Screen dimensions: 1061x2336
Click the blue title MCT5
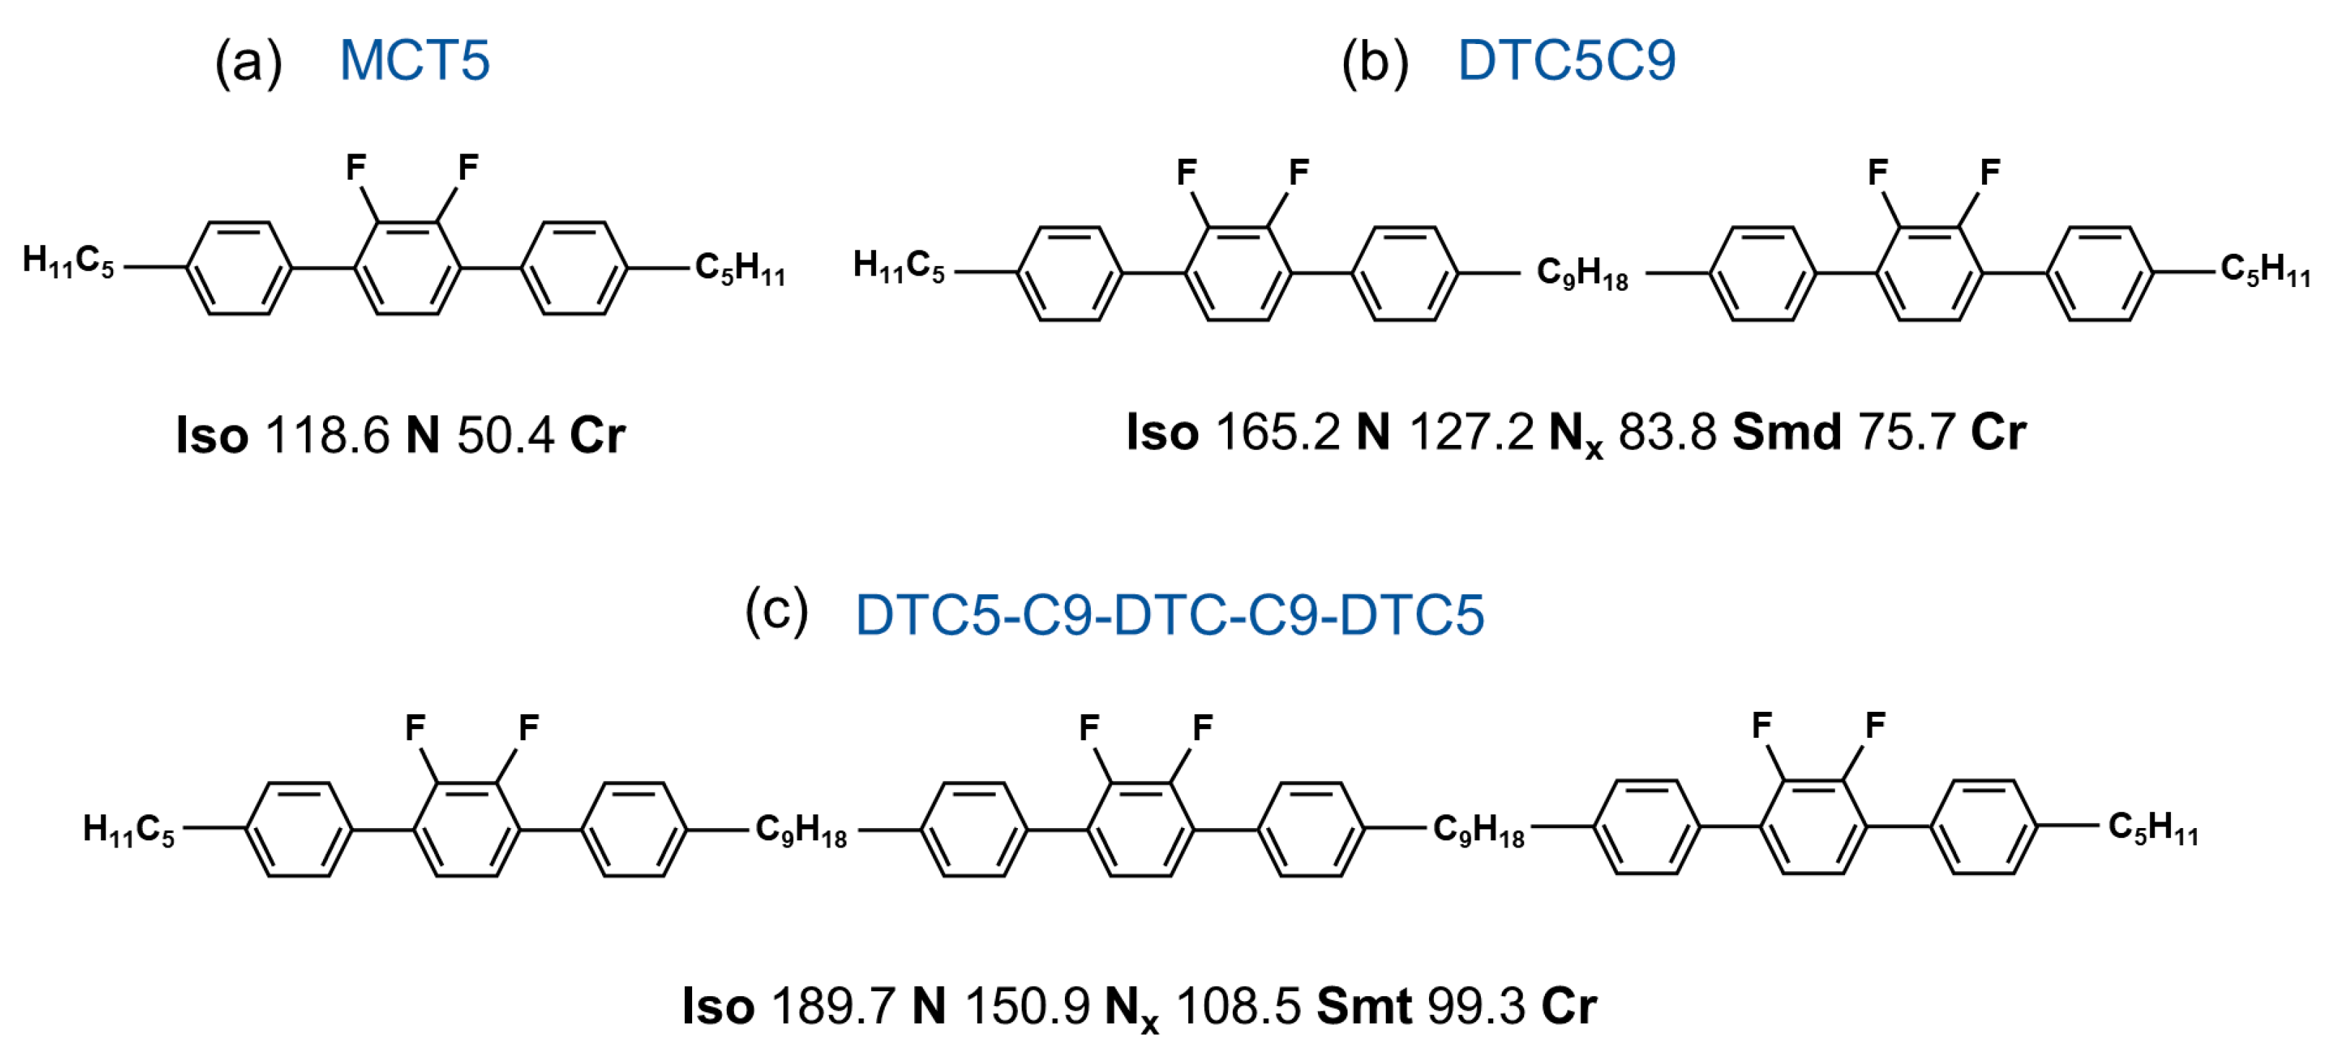(415, 61)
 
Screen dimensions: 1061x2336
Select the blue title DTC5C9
(1566, 61)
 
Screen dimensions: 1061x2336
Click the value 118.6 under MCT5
(327, 434)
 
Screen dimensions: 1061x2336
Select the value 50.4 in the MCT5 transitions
(505, 434)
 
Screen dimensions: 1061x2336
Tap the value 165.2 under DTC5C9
(1277, 431)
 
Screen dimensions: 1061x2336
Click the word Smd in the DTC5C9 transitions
(1787, 431)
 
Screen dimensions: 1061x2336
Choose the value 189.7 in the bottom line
(833, 1005)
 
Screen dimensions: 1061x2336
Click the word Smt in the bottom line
(1364, 1005)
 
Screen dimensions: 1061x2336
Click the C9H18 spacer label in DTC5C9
(1583, 273)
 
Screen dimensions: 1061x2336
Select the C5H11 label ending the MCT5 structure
(740, 269)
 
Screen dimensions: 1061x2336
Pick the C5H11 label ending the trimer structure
(2154, 828)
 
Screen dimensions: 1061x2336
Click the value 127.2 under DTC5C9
(1471, 431)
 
